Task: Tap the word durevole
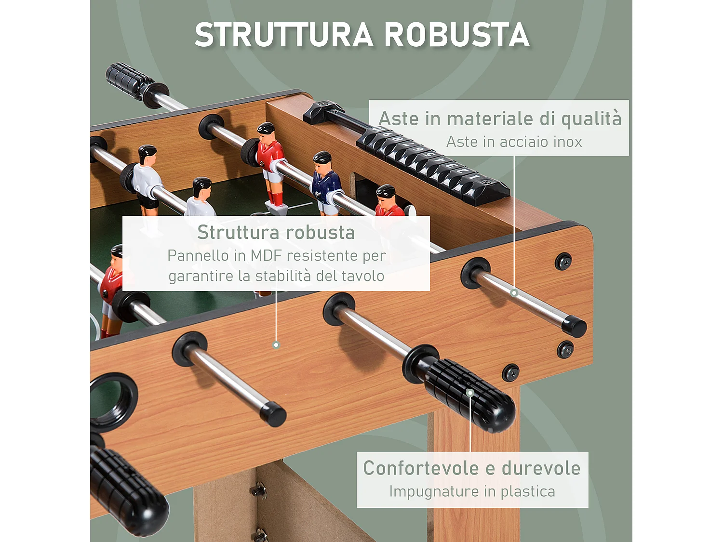[x=541, y=468]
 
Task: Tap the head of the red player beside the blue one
[x=386, y=192]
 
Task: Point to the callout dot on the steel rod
[x=514, y=293]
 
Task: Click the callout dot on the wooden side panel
[x=276, y=345]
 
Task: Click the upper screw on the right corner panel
[x=563, y=262]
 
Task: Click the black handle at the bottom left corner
[x=128, y=491]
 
